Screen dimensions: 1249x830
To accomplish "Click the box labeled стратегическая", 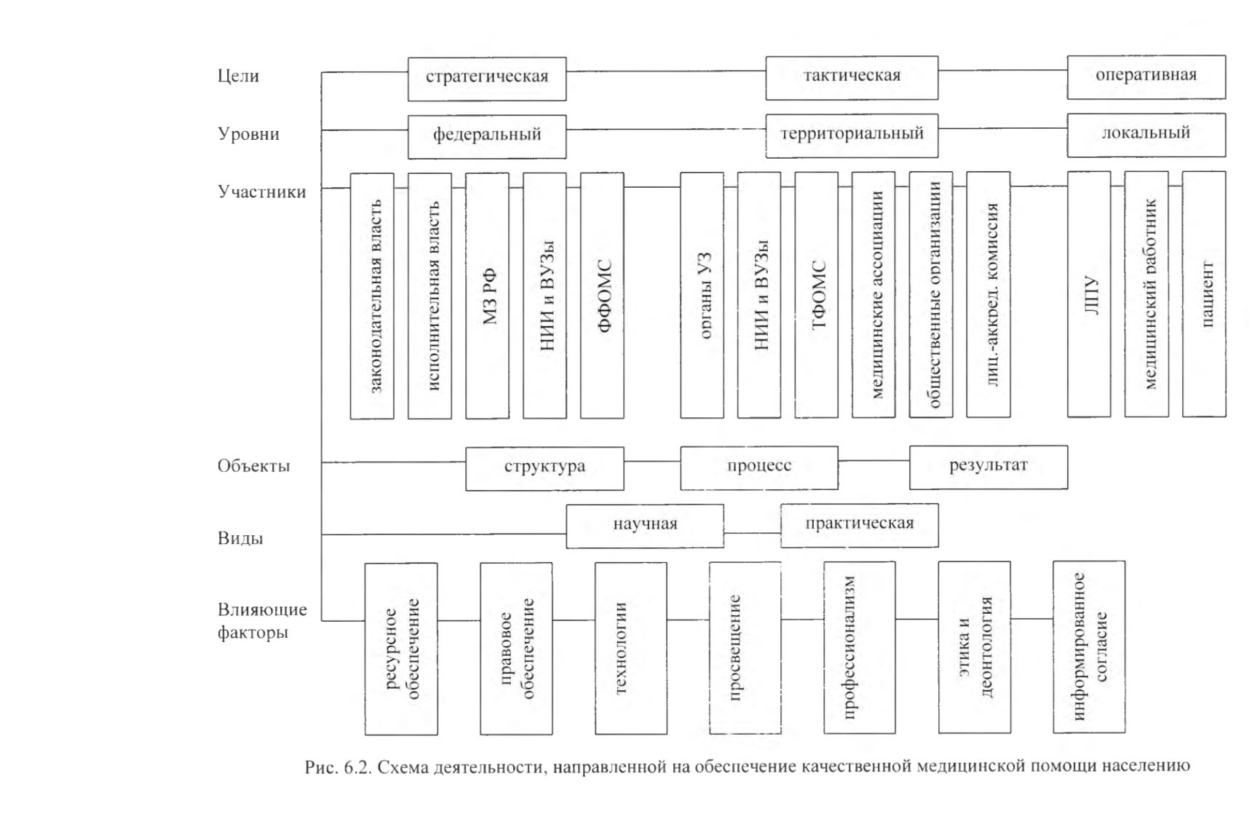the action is coord(487,79).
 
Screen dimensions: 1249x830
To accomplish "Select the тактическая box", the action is coord(852,77).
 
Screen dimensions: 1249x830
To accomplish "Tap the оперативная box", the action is coord(1146,76).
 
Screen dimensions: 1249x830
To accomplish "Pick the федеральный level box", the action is coord(487,136).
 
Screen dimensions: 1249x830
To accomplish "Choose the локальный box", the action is coord(1146,135).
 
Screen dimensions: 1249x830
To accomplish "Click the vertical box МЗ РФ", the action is coord(487,296).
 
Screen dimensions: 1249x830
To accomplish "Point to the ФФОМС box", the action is coord(602,296).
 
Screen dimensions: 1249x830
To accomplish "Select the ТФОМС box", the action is coord(816,295).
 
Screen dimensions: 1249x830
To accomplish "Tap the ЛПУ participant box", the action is coord(1089,294).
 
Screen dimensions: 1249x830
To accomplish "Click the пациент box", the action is coord(1204,294).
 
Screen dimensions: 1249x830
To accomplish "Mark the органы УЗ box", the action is coord(702,295).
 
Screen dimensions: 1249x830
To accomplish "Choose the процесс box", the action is coord(759,467).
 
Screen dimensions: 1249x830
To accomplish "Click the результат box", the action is coord(988,467).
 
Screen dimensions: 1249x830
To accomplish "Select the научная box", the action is coord(645,526).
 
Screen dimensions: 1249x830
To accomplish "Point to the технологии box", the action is coord(630,648).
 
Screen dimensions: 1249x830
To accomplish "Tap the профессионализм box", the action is coord(860,647).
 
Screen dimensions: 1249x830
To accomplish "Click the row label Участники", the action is coord(262,191).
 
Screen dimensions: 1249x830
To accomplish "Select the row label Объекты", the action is coord(253,465).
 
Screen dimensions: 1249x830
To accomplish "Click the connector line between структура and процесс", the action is coord(652,461).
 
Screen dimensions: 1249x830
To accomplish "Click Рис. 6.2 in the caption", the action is coord(338,766).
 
